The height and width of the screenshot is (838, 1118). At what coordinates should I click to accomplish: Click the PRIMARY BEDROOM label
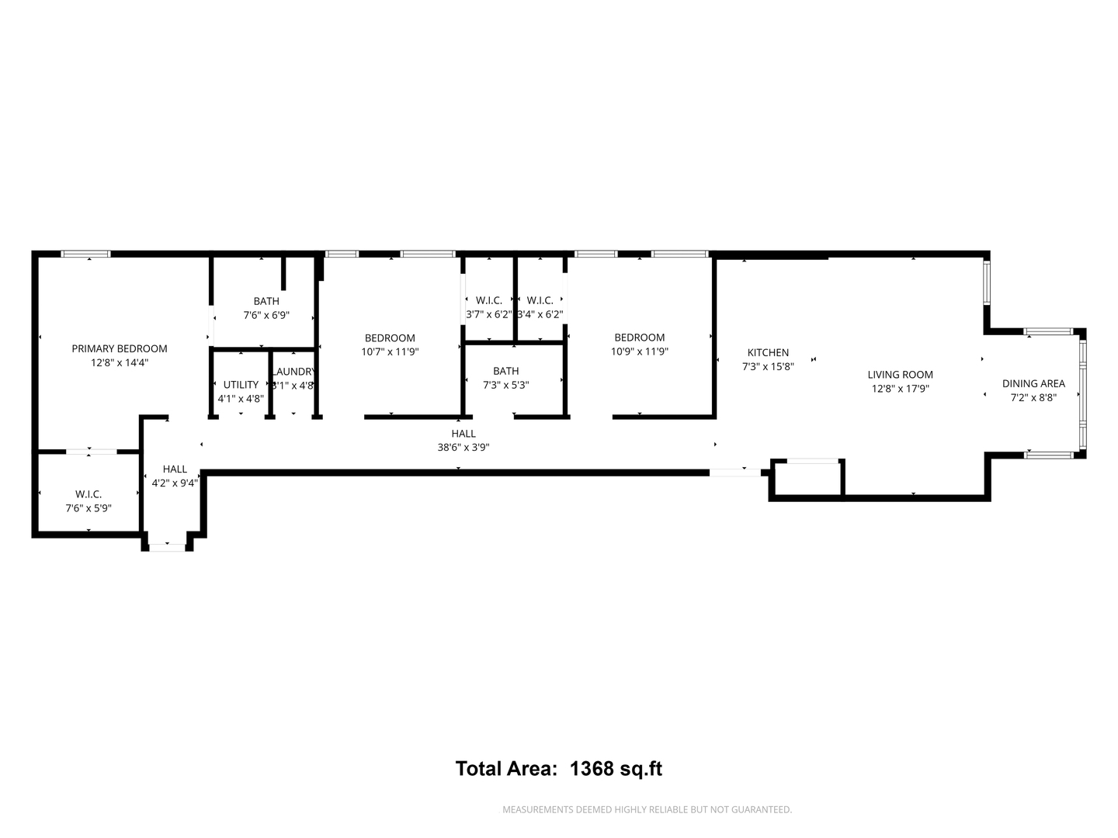tap(120, 348)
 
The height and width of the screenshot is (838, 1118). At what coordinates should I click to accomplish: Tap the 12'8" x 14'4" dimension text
tap(120, 362)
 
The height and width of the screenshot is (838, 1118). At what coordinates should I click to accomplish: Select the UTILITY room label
tap(241, 385)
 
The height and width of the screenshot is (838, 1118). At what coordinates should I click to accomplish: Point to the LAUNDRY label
tap(293, 372)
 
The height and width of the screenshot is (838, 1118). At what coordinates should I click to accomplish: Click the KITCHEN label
tap(768, 353)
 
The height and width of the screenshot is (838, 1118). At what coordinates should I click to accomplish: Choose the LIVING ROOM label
tap(900, 375)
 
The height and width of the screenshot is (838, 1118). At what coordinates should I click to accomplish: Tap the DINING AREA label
tap(1033, 383)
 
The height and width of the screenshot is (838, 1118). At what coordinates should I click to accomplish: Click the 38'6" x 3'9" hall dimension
tap(464, 447)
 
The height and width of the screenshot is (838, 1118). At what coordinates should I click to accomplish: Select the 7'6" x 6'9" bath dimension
tap(266, 315)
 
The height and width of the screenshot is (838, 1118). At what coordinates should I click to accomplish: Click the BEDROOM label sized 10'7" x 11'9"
tap(390, 338)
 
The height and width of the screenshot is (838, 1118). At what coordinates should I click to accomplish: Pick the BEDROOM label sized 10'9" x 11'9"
tap(639, 338)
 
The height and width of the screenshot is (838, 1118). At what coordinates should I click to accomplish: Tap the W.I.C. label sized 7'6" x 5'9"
tap(89, 494)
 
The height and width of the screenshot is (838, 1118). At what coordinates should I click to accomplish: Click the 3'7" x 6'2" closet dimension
tap(488, 314)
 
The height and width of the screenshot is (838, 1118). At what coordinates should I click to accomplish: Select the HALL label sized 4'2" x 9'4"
tap(175, 469)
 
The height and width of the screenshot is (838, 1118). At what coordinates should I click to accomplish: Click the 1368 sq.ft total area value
tap(616, 769)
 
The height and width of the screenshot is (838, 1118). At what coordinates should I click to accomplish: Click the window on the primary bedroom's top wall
tap(86, 254)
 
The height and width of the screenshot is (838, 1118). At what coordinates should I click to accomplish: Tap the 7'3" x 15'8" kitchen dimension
tap(768, 367)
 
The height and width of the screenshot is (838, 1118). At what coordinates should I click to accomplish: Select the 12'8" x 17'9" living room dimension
tap(900, 389)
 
